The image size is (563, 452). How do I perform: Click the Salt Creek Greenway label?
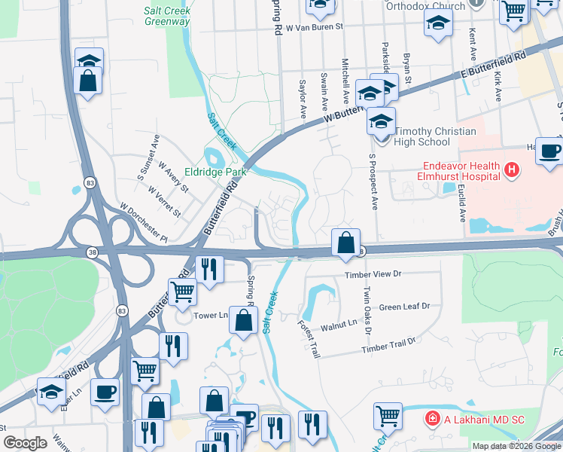[x=167, y=16]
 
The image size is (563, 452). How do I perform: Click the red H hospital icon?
[x=513, y=170]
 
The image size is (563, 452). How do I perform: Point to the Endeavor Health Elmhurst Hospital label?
[x=445, y=170]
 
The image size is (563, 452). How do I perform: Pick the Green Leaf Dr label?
[x=404, y=307]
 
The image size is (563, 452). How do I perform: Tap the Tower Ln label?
[x=211, y=316]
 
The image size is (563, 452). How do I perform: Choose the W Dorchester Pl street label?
[x=143, y=222]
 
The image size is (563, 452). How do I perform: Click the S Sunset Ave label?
[x=148, y=157]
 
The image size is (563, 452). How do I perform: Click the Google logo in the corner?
[x=25, y=443]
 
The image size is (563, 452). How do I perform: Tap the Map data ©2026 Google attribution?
[x=516, y=446]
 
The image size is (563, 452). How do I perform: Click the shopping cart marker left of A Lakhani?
[x=388, y=416]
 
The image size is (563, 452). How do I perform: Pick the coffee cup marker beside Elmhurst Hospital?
[x=549, y=151]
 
